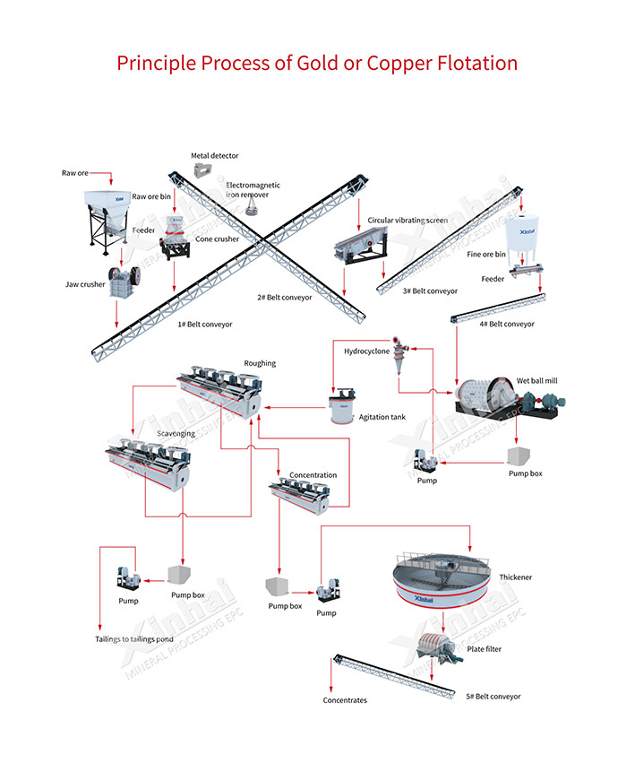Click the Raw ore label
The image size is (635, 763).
[74, 172]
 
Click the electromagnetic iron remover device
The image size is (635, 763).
[253, 205]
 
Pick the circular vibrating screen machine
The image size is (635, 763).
[358, 241]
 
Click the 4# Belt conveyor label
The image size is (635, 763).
[507, 324]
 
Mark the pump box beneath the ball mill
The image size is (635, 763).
[522, 454]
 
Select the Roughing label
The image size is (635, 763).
[260, 363]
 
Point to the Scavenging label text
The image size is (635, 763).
[175, 433]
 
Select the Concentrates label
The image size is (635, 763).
[345, 700]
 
